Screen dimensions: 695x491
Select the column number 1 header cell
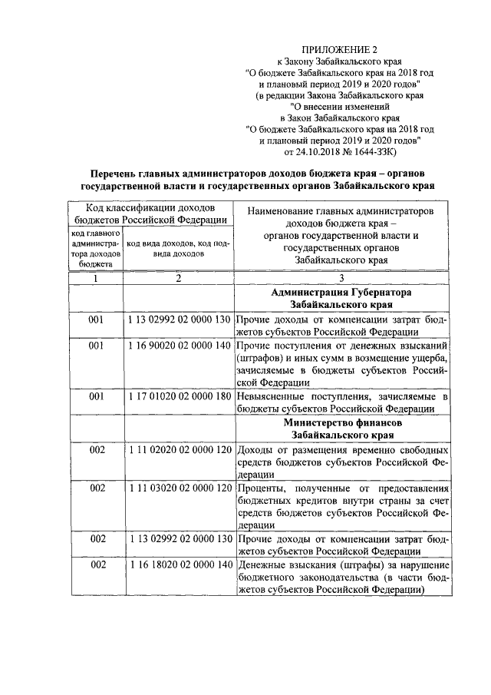96,278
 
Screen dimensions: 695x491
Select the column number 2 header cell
178,278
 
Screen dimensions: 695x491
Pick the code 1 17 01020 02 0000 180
178,397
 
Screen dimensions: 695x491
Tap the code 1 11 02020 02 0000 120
178,449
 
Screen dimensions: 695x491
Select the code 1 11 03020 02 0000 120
178,488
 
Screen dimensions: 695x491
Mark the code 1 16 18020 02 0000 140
178,565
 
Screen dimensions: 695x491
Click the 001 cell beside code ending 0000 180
96,397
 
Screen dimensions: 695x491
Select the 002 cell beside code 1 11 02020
96,449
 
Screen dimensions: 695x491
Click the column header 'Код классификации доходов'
150,208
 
